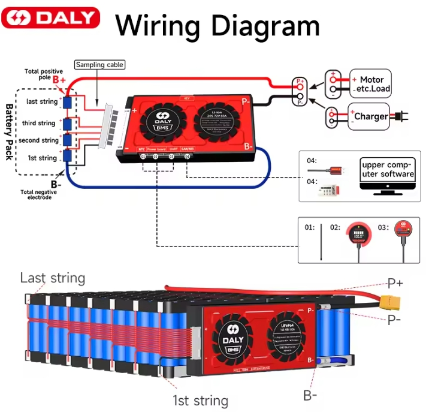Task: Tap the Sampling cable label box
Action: (99, 65)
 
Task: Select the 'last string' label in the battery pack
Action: (42, 101)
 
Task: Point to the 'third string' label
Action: (39, 123)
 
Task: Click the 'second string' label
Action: (39, 140)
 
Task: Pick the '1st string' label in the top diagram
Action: (42, 158)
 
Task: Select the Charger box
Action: (370, 116)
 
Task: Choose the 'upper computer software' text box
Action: (388, 169)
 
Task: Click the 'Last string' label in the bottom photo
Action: (53, 278)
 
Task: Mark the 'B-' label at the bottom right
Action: (310, 395)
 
